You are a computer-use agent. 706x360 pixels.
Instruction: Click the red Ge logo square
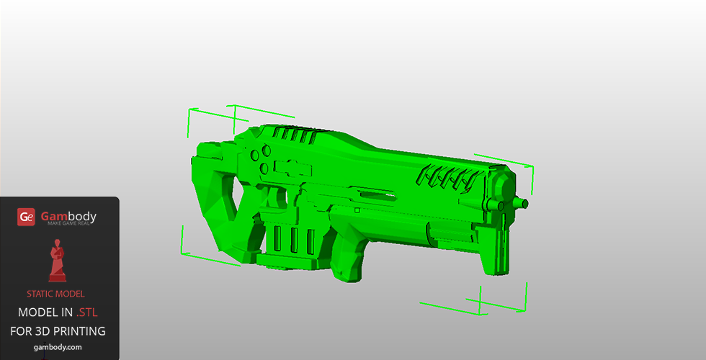[26, 217]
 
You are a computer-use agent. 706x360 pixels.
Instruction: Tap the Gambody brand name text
[68, 217]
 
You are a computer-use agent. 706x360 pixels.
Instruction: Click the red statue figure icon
[57, 261]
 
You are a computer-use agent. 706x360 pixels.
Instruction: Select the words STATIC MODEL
[55, 294]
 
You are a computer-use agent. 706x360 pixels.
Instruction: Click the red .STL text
[87, 312]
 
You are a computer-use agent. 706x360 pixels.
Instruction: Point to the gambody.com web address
[58, 347]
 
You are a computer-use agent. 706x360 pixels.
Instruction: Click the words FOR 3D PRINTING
[58, 331]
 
